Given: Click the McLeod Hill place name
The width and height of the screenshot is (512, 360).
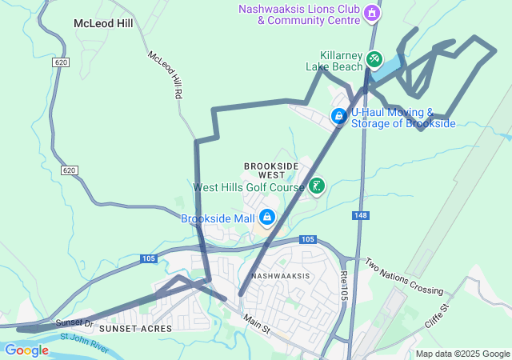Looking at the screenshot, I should (x=102, y=23).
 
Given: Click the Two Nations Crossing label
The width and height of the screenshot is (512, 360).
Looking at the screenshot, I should (x=403, y=275).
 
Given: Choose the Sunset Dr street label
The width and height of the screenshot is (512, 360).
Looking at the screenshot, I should (x=74, y=322).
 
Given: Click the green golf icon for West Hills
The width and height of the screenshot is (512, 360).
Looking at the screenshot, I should (x=317, y=186).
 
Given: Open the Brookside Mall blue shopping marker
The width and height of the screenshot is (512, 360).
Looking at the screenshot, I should (x=266, y=217).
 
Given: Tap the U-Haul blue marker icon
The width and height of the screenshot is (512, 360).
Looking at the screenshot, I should (x=339, y=117).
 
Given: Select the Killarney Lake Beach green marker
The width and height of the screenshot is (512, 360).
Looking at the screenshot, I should (x=374, y=60).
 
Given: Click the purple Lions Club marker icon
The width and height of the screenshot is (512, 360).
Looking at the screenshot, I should (x=370, y=13).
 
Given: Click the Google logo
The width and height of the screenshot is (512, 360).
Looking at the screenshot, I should (x=26, y=350).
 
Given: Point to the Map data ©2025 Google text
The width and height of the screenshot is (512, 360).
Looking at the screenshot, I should (x=462, y=354).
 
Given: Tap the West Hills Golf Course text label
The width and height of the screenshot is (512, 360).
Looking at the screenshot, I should (x=249, y=187).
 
